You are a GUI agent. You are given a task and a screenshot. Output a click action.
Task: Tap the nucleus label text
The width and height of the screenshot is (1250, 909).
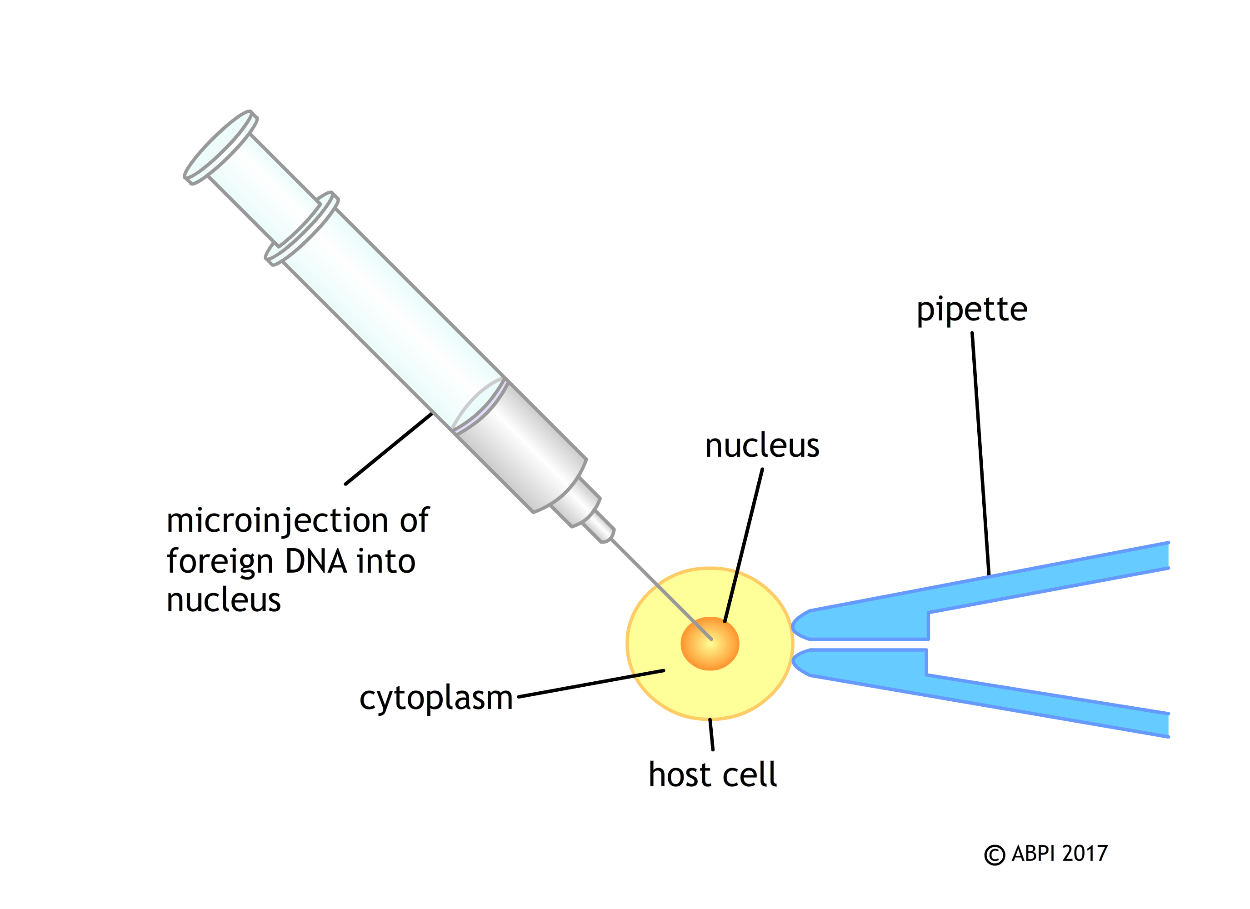[762, 446]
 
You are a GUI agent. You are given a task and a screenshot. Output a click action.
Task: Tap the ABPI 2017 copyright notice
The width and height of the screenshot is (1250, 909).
[1045, 854]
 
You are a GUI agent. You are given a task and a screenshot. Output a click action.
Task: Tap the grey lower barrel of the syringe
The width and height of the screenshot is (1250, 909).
[521, 446]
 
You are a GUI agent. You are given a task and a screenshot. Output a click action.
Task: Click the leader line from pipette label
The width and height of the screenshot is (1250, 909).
[980, 452]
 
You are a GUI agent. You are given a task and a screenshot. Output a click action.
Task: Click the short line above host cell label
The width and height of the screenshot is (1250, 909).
[711, 735]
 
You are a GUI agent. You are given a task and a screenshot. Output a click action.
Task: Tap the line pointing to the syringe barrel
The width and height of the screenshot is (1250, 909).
[389, 449]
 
